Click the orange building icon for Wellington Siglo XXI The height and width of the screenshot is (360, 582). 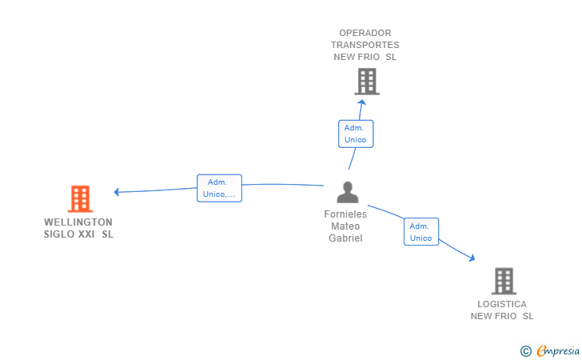[80, 198]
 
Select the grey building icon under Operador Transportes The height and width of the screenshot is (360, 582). [367, 82]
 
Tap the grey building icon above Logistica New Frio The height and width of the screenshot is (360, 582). [504, 281]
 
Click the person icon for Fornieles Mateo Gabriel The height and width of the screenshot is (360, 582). [348, 192]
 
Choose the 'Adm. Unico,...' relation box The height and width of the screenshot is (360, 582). [219, 188]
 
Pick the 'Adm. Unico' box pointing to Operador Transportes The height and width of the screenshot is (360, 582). [356, 134]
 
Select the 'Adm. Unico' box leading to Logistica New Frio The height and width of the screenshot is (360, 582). [421, 232]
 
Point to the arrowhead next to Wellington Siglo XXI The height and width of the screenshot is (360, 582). [116, 192]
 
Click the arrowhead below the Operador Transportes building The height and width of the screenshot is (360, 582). [362, 102]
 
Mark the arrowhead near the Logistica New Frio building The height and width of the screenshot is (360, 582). [472, 258]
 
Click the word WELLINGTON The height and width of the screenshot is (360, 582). [78, 222]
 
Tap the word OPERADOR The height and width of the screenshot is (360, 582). [365, 33]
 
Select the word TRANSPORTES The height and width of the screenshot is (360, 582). [365, 45]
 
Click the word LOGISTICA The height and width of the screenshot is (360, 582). [502, 304]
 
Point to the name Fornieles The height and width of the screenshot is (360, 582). [345, 214]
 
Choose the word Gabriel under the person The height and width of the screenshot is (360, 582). [345, 238]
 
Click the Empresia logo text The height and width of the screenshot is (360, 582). [558, 350]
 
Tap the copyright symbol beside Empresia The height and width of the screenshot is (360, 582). [526, 351]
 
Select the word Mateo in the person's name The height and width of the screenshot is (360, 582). [345, 226]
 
